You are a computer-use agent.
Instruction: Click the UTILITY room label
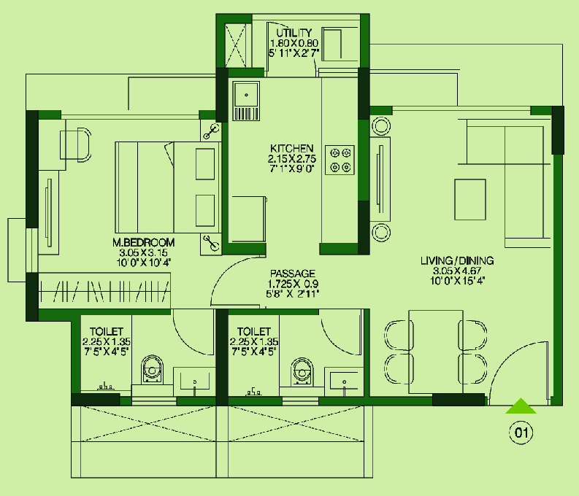tap(294, 32)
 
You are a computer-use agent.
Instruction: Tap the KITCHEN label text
tap(292, 149)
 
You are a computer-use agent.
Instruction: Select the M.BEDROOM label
tap(144, 243)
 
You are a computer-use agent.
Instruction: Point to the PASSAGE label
tap(293, 274)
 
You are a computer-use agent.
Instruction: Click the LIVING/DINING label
tap(457, 260)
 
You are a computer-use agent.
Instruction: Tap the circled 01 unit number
tap(521, 433)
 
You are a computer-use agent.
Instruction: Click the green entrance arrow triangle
tap(521, 406)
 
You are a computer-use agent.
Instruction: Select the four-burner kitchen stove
tap(340, 160)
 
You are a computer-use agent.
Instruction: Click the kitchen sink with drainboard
tap(246, 101)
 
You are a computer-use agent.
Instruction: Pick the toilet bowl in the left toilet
tap(152, 370)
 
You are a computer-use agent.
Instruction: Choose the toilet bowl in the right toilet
tap(302, 371)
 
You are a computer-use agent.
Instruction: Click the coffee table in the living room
tap(470, 200)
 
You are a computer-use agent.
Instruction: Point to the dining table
tap(436, 352)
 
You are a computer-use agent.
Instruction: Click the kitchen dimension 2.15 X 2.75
tap(292, 159)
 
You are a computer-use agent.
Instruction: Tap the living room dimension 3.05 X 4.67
tap(457, 271)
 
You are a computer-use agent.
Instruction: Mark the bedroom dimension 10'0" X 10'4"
tap(144, 263)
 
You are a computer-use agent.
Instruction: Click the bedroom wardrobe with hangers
tap(104, 291)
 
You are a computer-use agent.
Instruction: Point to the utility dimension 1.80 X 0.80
tap(294, 43)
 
